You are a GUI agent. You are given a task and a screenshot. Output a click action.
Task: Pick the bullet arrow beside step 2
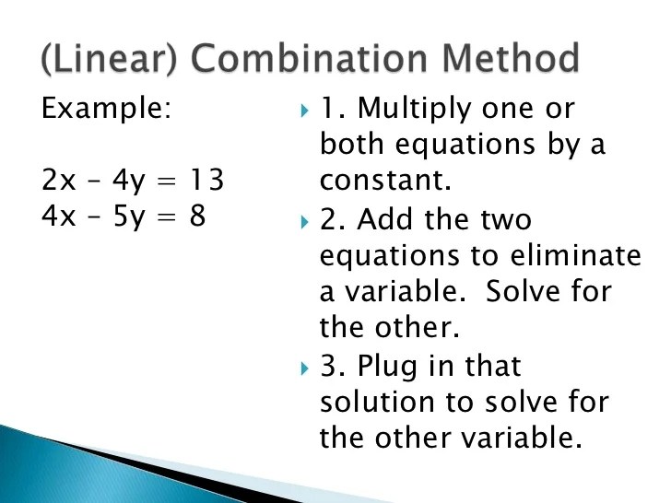click(306, 222)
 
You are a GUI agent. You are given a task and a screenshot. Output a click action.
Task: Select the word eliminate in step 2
click(584, 254)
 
